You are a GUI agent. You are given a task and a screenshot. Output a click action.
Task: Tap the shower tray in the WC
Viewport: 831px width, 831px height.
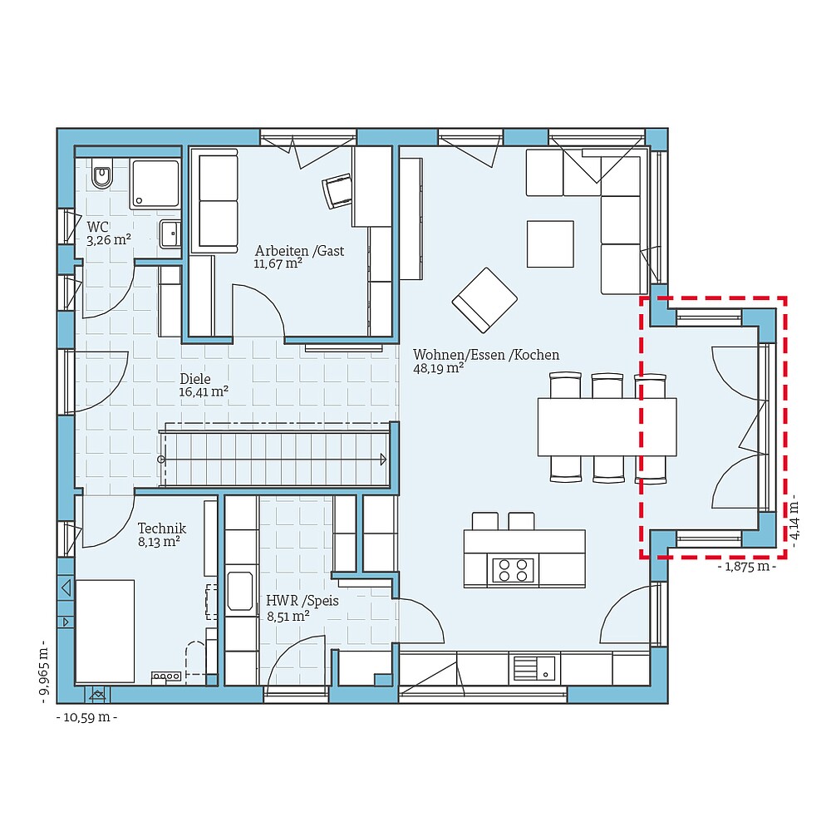[155, 184]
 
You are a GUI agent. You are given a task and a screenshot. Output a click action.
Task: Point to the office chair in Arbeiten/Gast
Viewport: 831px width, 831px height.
[337, 191]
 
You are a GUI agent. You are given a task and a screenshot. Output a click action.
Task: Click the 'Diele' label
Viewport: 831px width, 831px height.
[195, 378]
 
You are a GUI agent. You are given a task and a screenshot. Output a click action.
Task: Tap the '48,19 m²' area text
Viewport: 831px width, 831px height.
[438, 368]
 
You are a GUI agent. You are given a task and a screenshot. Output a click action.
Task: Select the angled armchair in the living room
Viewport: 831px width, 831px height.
[484, 299]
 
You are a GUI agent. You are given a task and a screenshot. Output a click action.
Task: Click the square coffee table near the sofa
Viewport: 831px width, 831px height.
[549, 243]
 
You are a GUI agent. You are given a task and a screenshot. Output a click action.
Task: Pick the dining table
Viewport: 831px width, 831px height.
[607, 426]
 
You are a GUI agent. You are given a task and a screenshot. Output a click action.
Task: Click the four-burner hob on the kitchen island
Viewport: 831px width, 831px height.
[513, 570]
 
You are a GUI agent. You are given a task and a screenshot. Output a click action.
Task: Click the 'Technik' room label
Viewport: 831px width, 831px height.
[161, 528]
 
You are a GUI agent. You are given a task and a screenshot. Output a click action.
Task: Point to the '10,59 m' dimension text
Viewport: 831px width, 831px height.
[86, 716]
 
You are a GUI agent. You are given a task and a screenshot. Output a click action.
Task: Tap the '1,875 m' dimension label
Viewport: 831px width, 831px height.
[746, 567]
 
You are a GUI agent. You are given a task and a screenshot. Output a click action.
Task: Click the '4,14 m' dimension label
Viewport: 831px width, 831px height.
[795, 519]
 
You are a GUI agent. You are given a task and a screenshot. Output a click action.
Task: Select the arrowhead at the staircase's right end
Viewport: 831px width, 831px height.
[383, 458]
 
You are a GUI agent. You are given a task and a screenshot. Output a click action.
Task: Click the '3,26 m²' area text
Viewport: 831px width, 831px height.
[109, 240]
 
